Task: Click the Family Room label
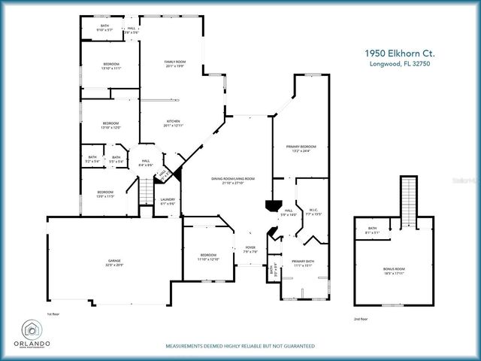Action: (175, 63)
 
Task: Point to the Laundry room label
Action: (168, 201)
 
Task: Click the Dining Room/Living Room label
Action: (233, 180)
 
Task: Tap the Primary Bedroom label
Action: (300, 148)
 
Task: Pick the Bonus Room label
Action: (395, 270)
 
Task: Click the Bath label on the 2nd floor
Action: (372, 230)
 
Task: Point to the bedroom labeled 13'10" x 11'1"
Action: (110, 65)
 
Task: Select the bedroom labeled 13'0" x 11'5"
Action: (105, 194)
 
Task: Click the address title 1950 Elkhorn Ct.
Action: (399, 53)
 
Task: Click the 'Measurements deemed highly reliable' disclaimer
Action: (240, 346)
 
